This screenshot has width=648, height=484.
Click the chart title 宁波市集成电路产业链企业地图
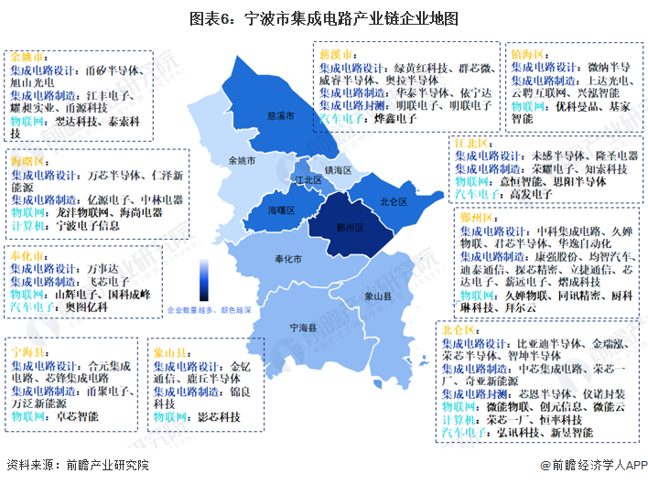click(324, 18)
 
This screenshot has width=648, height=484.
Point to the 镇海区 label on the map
click(338, 170)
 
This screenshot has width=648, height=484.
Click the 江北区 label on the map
click(308, 180)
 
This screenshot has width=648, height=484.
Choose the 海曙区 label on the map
click(281, 210)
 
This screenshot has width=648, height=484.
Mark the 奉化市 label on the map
click(288, 260)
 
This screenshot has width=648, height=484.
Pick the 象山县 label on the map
click(377, 296)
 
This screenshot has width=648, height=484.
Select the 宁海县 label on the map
click(302, 327)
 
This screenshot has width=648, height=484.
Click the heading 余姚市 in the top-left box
click(26, 57)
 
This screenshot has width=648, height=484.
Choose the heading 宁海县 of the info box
click(27, 351)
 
